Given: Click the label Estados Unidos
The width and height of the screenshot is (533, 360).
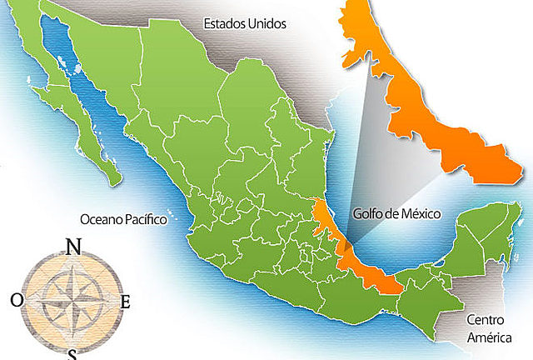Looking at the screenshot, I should pyautogui.click(x=244, y=24).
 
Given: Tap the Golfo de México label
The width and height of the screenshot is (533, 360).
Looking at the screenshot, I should pyautogui.click(x=396, y=214).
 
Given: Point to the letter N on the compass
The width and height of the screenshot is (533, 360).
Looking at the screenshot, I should pyautogui.click(x=73, y=247).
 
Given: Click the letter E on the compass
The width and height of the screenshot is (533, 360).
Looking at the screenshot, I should pyautogui.click(x=126, y=302).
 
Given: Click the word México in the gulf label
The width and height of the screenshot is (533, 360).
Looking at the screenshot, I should pyautogui.click(x=418, y=214).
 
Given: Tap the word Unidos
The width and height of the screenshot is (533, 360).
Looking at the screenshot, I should pyautogui.click(x=265, y=24).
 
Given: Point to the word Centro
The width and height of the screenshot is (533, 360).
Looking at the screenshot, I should pyautogui.click(x=485, y=319).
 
